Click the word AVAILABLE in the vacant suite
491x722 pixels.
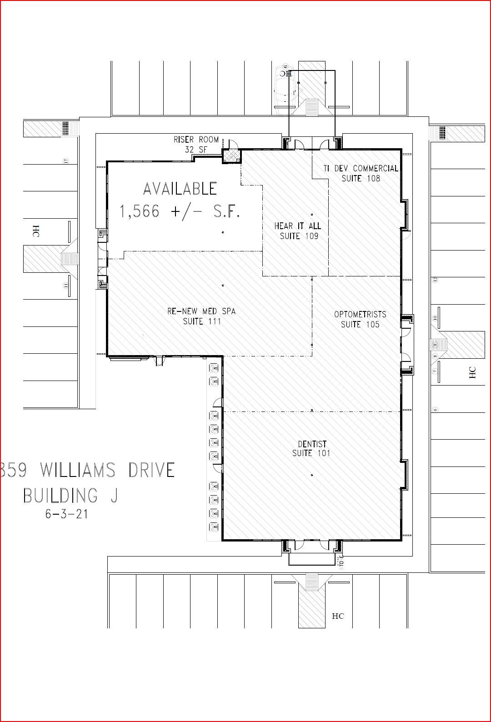click(180, 189)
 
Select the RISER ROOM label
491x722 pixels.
click(196, 140)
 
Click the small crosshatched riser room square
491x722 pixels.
click(231, 156)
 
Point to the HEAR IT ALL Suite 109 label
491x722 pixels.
click(297, 231)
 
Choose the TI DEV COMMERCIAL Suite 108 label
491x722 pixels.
click(361, 173)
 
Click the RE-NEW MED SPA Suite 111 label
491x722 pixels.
click(201, 316)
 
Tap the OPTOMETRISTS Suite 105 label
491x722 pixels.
click(360, 319)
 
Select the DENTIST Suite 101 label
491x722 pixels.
click(311, 448)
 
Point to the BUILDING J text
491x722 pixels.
click(70, 495)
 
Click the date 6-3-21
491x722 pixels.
click(66, 514)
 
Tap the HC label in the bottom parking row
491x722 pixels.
click(338, 616)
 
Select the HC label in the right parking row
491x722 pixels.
click(472, 372)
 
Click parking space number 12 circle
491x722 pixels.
click(435, 280)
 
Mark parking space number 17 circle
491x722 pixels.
click(65, 161)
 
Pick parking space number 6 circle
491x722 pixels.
click(435, 409)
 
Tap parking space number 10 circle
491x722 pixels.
click(435, 318)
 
